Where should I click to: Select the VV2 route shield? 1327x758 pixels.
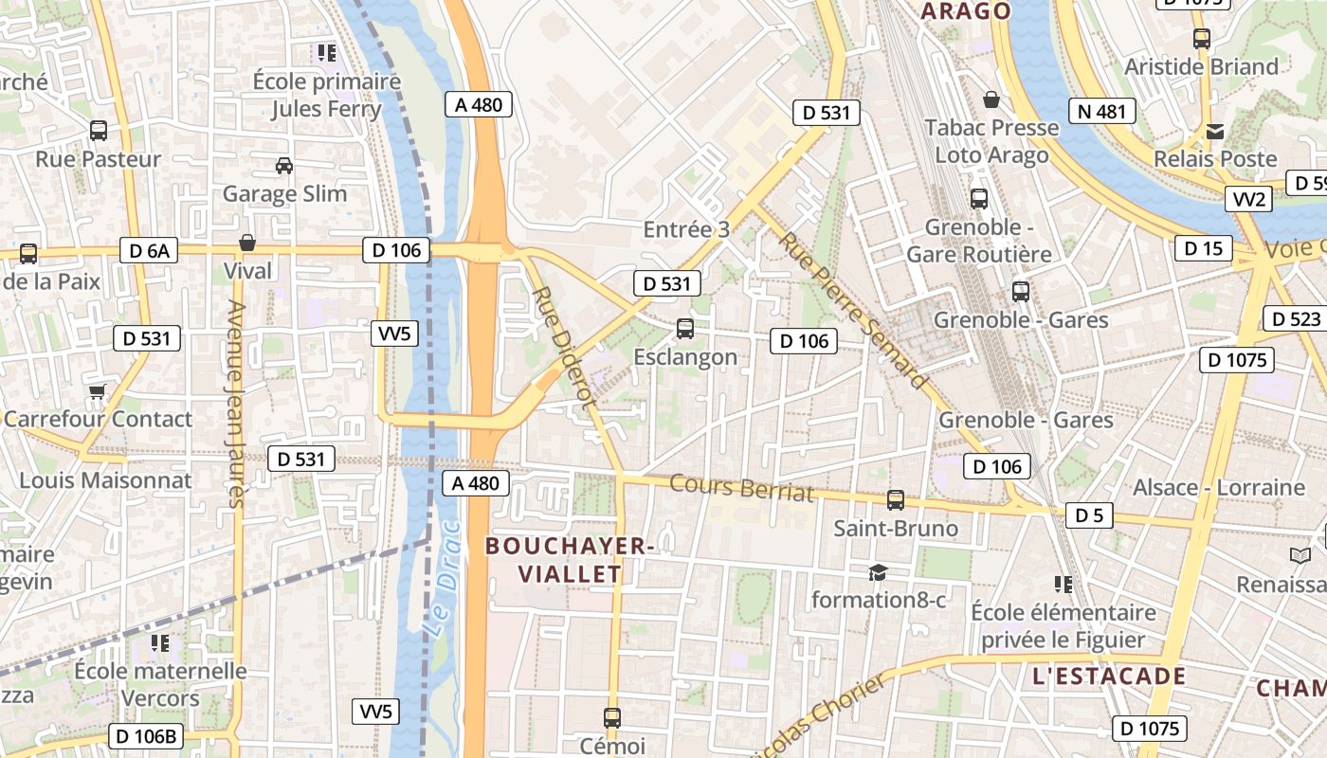tap(1248, 199)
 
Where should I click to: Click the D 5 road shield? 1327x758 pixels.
tap(1089, 515)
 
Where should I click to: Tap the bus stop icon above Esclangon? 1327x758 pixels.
tap(684, 329)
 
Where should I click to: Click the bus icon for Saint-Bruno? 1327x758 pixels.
tap(895, 499)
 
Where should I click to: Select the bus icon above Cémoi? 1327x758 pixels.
tap(612, 717)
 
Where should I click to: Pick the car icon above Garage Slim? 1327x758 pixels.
tap(283, 166)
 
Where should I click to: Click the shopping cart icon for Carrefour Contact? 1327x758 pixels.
tap(96, 391)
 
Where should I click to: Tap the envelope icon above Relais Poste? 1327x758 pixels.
tap(1214, 131)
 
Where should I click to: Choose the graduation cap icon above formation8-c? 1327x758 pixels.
tap(878, 572)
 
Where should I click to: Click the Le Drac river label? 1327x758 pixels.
tap(443, 577)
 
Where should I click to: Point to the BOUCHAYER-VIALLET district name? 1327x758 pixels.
tap(569, 560)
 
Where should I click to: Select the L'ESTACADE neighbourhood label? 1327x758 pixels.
tap(1109, 676)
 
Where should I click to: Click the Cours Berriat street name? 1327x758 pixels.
tap(741, 487)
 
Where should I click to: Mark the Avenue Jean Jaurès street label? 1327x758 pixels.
tap(233, 404)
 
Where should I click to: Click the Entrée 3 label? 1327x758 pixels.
tap(686, 229)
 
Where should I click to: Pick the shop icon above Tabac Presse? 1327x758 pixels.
tap(991, 99)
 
